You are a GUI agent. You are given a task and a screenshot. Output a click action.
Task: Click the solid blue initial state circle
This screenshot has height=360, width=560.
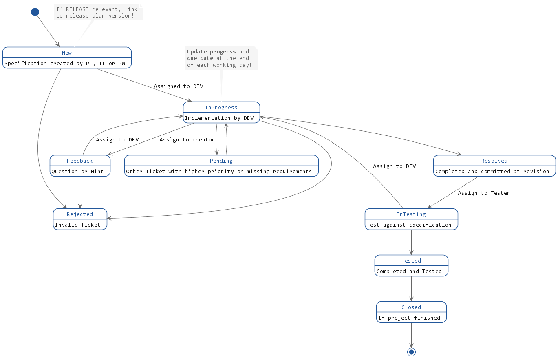click(x=35, y=12)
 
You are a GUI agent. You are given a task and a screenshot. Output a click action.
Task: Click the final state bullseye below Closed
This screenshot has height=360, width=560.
click(x=411, y=352)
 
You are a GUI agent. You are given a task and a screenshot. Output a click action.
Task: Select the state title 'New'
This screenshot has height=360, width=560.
click(x=67, y=53)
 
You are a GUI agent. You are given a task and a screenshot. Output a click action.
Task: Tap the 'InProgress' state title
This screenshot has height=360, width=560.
click(x=221, y=108)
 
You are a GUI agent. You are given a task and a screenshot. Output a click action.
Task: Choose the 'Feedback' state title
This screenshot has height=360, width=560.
click(x=79, y=161)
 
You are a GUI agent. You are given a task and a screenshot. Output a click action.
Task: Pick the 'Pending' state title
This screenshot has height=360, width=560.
click(x=221, y=161)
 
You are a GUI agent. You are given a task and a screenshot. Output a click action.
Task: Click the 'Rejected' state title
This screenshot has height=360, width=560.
click(x=80, y=214)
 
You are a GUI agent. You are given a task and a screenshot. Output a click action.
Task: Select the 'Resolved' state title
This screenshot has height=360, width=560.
click(x=494, y=161)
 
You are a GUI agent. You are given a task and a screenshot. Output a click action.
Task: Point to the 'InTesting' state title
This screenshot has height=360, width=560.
click(x=411, y=214)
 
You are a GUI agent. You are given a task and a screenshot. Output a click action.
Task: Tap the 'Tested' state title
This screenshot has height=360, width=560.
click(x=411, y=261)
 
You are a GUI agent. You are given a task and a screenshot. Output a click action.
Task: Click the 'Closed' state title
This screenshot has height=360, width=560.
click(x=411, y=307)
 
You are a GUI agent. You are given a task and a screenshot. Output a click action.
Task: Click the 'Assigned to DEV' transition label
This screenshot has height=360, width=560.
click(x=178, y=86)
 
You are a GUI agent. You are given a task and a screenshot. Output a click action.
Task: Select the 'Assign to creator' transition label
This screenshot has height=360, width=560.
click(x=187, y=140)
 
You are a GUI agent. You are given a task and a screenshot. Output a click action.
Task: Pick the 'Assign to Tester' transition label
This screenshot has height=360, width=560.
click(x=483, y=193)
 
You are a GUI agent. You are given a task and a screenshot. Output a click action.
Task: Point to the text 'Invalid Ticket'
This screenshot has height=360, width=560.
click(x=77, y=225)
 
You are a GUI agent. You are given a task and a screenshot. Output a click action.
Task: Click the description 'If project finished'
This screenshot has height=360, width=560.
click(x=409, y=318)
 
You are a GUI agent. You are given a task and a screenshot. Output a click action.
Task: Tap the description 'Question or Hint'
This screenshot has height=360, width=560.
click(x=77, y=172)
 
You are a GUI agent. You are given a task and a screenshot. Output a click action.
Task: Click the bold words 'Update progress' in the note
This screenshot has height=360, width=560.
click(x=211, y=52)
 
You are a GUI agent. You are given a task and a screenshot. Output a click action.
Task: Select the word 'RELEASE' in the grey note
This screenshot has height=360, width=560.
click(x=77, y=9)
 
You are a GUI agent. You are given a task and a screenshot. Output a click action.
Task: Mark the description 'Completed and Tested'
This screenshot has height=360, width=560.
click(x=409, y=272)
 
